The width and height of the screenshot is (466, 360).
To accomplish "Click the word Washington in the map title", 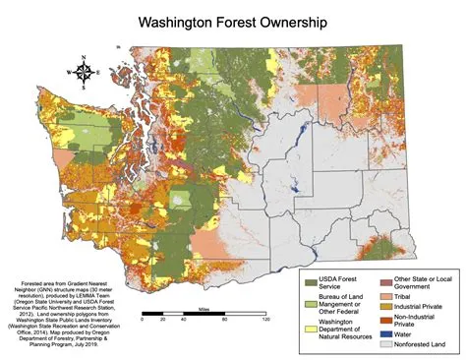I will (x=184, y=21).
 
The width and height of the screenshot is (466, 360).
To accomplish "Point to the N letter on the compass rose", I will (x=84, y=56).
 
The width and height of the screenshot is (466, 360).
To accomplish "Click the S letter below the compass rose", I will (x=84, y=88).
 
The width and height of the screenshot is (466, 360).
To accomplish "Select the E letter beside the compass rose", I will (x=99, y=72).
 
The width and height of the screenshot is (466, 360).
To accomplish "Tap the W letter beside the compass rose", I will (x=68, y=72).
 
